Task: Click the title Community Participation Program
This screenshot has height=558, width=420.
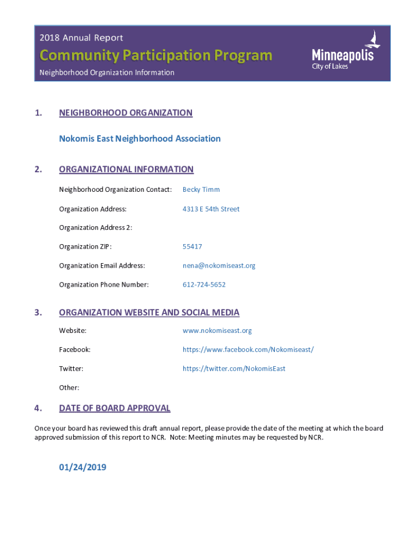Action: point(155,55)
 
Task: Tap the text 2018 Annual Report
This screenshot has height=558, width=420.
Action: point(81,38)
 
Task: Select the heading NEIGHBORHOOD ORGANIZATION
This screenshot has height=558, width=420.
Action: point(125,113)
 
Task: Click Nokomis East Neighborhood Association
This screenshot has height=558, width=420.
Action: point(140,138)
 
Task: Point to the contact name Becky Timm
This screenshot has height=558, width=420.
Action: point(201,190)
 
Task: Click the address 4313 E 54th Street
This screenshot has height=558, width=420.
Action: point(211,209)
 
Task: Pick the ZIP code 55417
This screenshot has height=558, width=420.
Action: point(192,246)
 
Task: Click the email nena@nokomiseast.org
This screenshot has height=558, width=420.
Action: point(219,265)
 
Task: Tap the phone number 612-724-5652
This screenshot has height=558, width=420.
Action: point(204,284)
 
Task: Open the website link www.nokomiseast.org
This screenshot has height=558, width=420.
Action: point(217,330)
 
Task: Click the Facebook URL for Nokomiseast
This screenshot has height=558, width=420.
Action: point(248,349)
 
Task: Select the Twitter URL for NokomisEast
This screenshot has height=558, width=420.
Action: point(234,368)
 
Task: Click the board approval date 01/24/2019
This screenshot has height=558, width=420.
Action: point(82,467)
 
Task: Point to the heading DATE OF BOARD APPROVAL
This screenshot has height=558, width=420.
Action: point(115,408)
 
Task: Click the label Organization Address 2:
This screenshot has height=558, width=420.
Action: point(95,227)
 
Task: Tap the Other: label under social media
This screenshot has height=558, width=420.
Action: point(69,387)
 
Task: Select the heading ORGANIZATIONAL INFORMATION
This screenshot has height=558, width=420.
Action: point(126,169)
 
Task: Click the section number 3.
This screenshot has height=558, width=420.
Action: point(38,312)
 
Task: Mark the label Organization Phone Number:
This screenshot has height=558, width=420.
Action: point(104,284)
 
